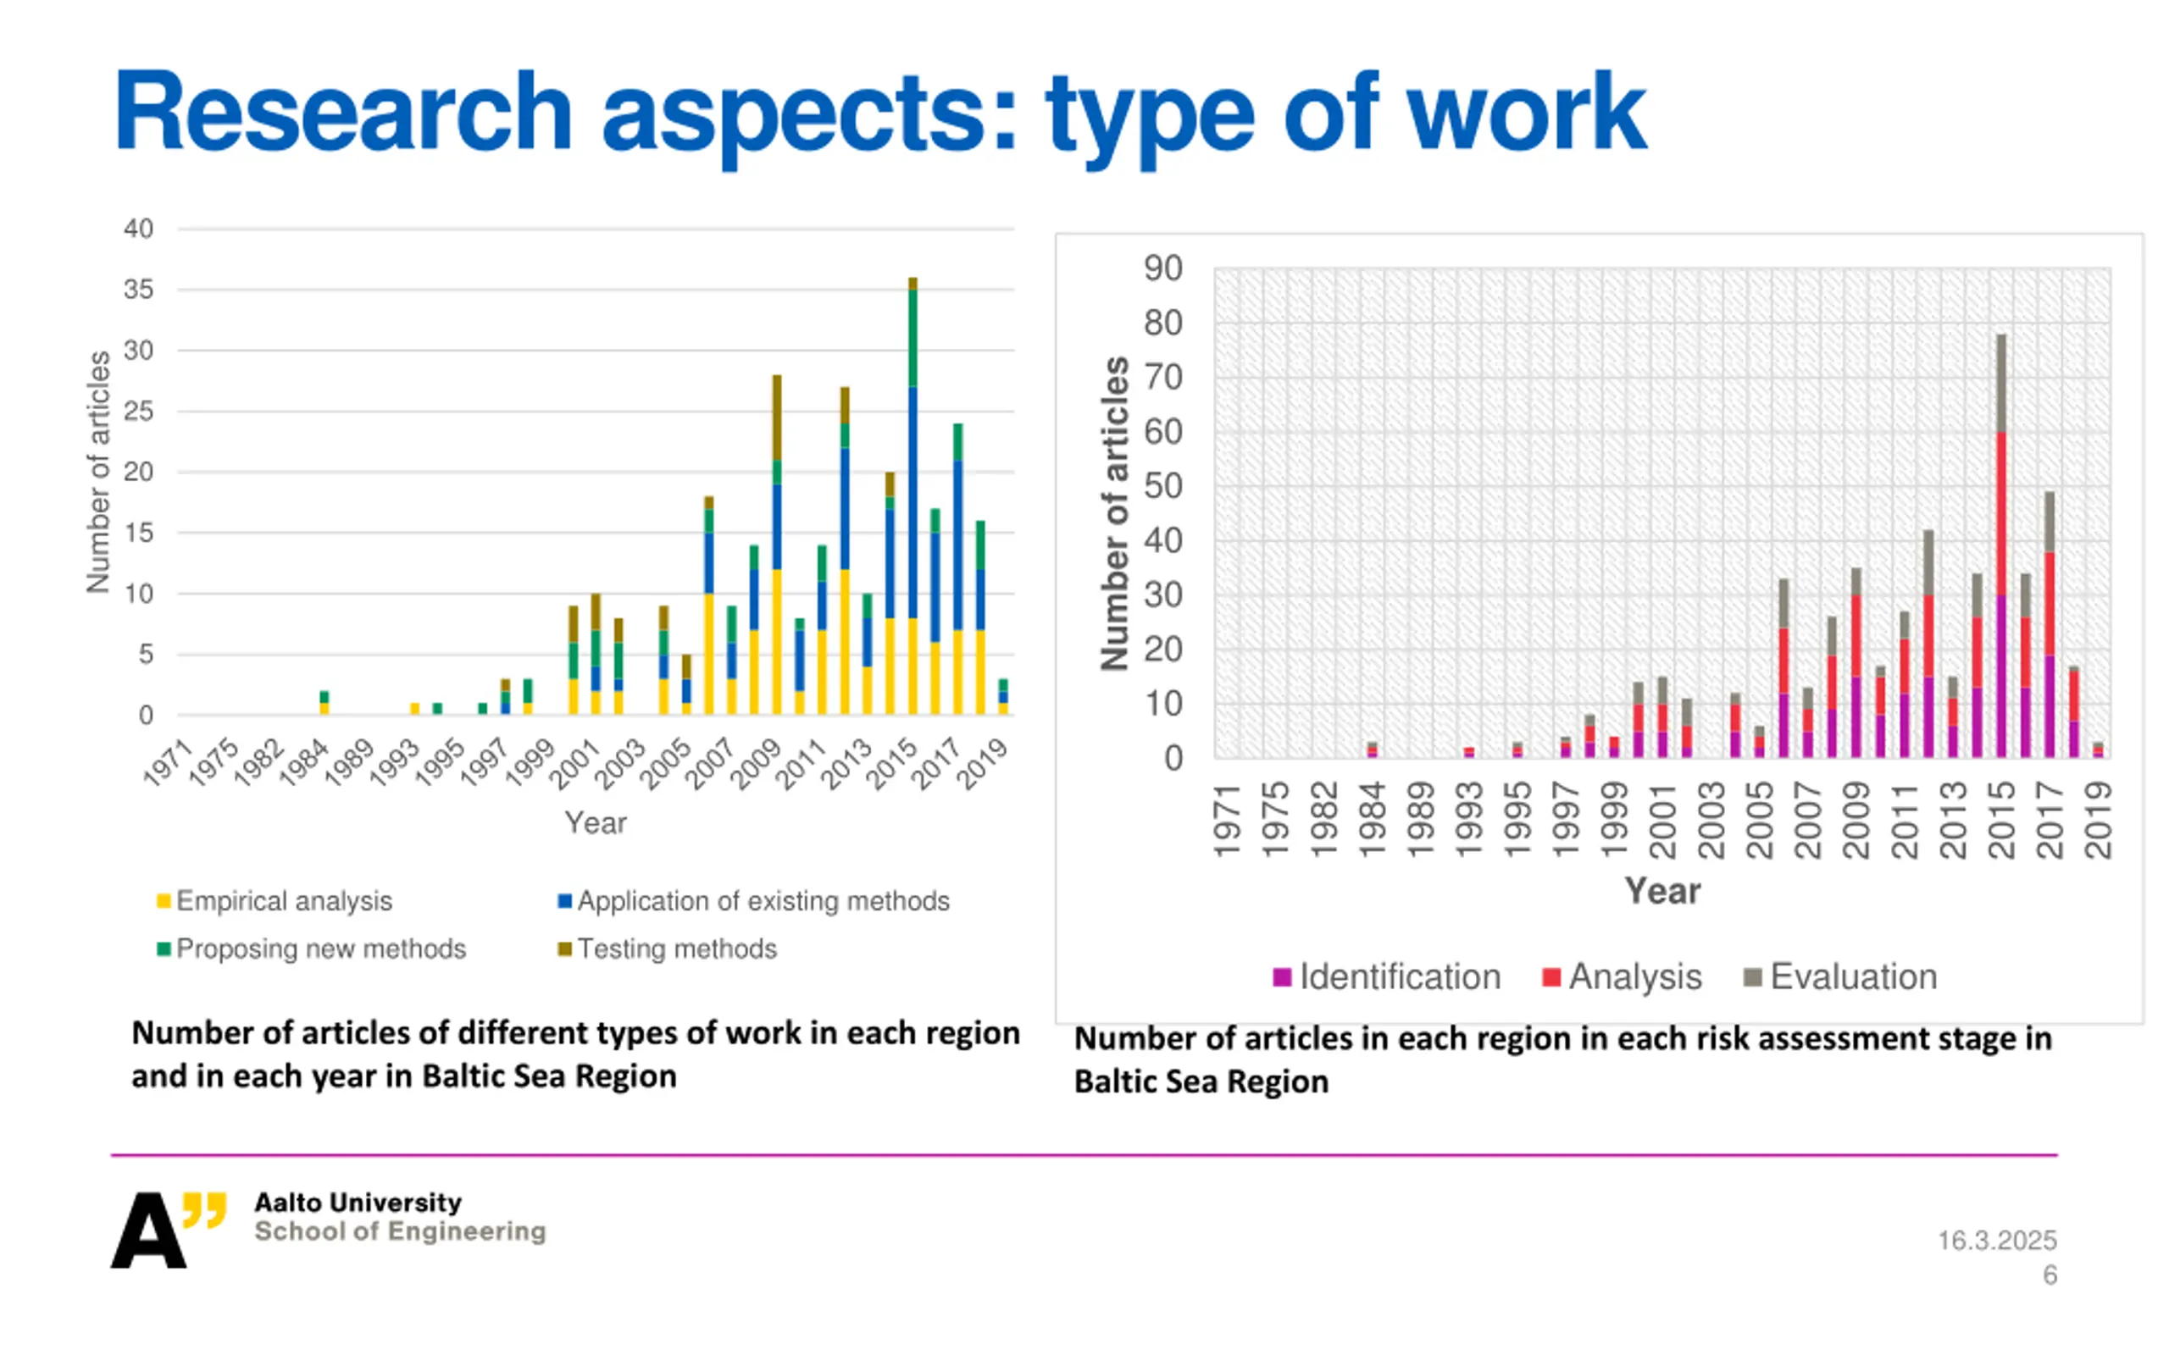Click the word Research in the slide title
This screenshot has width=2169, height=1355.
coord(342,114)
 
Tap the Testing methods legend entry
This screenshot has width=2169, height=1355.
coord(667,949)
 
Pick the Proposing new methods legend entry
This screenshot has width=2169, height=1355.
coord(311,949)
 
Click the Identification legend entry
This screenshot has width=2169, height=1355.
coord(1386,976)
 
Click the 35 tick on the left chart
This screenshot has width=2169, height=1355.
coord(138,290)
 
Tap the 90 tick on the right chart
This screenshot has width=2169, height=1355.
coord(1162,268)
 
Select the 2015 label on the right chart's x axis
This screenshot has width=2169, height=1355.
coord(2000,819)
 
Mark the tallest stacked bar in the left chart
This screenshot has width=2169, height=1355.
coord(913,502)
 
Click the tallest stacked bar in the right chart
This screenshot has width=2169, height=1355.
coord(2000,547)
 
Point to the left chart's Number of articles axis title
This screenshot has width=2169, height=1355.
coord(97,472)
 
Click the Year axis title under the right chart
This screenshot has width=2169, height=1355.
coord(1661,891)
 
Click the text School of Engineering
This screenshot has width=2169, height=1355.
coord(400,1231)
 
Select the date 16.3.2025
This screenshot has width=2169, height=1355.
coord(1997,1241)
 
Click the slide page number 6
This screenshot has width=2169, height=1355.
coord(2050,1275)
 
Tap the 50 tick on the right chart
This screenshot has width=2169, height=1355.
coord(1162,486)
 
